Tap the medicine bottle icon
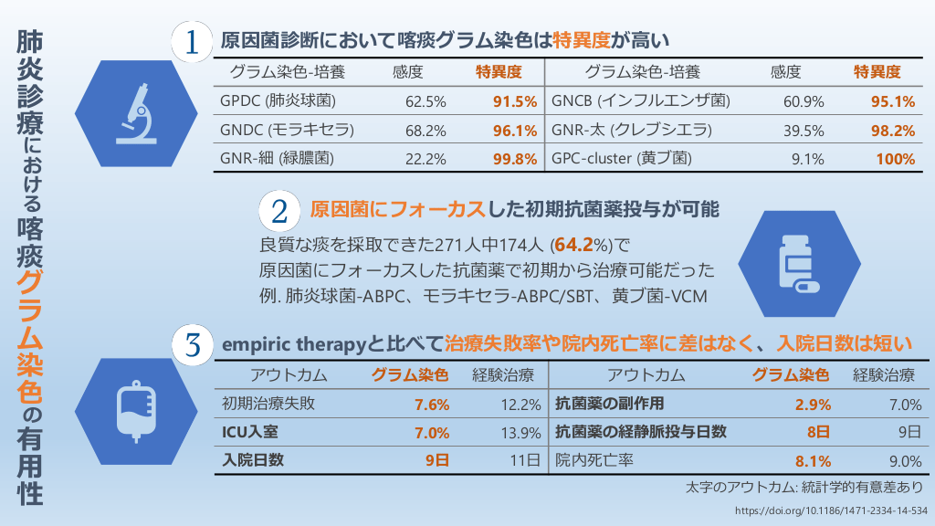click(798, 261)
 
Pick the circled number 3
click(194, 345)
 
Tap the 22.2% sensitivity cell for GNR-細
click(425, 159)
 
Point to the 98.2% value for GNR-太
click(893, 130)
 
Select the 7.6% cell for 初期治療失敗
click(432, 405)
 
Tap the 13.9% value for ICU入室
click(520, 432)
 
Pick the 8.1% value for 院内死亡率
click(813, 461)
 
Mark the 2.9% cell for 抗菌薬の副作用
click(813, 405)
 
